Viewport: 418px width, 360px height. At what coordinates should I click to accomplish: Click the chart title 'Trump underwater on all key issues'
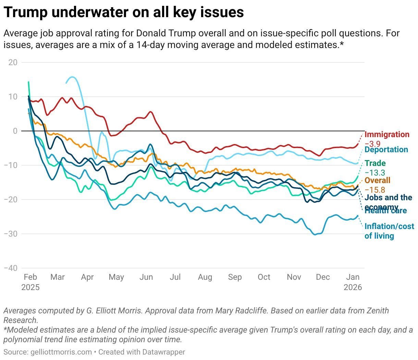pos(124,12)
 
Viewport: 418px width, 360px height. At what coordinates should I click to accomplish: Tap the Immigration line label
pos(387,134)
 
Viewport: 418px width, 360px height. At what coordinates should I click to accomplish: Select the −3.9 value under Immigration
pos(372,144)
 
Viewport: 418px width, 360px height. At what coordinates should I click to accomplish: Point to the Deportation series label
pos(386,149)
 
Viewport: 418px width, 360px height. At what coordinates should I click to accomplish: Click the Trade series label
pos(375,164)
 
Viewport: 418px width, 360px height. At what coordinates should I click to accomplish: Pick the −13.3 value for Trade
pos(375,172)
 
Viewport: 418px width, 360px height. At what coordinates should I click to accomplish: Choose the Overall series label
pos(377,180)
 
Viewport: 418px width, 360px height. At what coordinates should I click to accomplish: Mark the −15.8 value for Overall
pos(375,190)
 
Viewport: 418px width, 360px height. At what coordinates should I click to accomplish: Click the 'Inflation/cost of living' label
pos(389,231)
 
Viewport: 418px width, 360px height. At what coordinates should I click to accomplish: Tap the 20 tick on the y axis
pos(13,62)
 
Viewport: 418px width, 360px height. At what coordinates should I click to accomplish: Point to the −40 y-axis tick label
pos(11,268)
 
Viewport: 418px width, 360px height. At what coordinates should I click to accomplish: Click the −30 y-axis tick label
pos(11,234)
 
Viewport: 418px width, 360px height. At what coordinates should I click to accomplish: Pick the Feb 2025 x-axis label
pos(30,282)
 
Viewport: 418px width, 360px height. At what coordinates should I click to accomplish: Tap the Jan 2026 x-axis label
pos(353,282)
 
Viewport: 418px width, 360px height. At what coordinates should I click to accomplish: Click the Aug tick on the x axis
pos(205,277)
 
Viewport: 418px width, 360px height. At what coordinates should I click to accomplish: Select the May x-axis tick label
pos(116,277)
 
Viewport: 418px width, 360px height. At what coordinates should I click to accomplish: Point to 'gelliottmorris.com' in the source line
pos(61,352)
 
